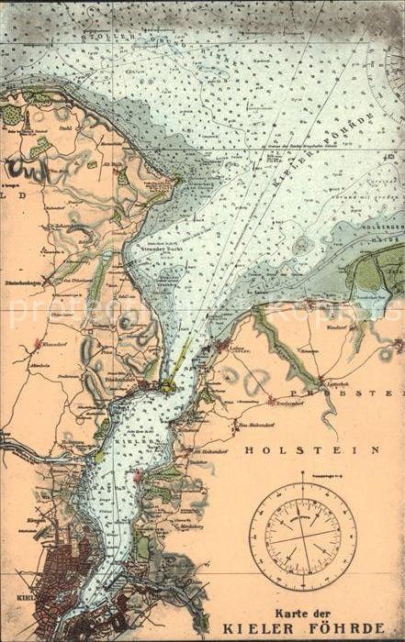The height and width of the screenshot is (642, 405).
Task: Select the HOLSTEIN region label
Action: (311, 450)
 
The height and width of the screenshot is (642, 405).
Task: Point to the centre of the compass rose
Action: (302, 536)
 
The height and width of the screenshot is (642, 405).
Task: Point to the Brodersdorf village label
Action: (284, 400)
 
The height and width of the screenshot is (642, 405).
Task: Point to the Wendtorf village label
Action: (338, 327)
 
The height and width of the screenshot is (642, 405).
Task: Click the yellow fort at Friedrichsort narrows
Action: (168, 387)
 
